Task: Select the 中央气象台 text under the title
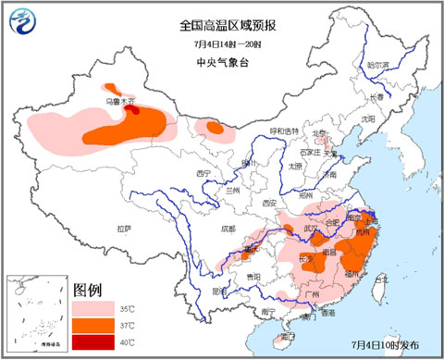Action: tap(222, 62)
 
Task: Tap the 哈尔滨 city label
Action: tap(377, 66)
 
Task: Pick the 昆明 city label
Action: tap(218, 291)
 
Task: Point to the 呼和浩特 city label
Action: tap(285, 130)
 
